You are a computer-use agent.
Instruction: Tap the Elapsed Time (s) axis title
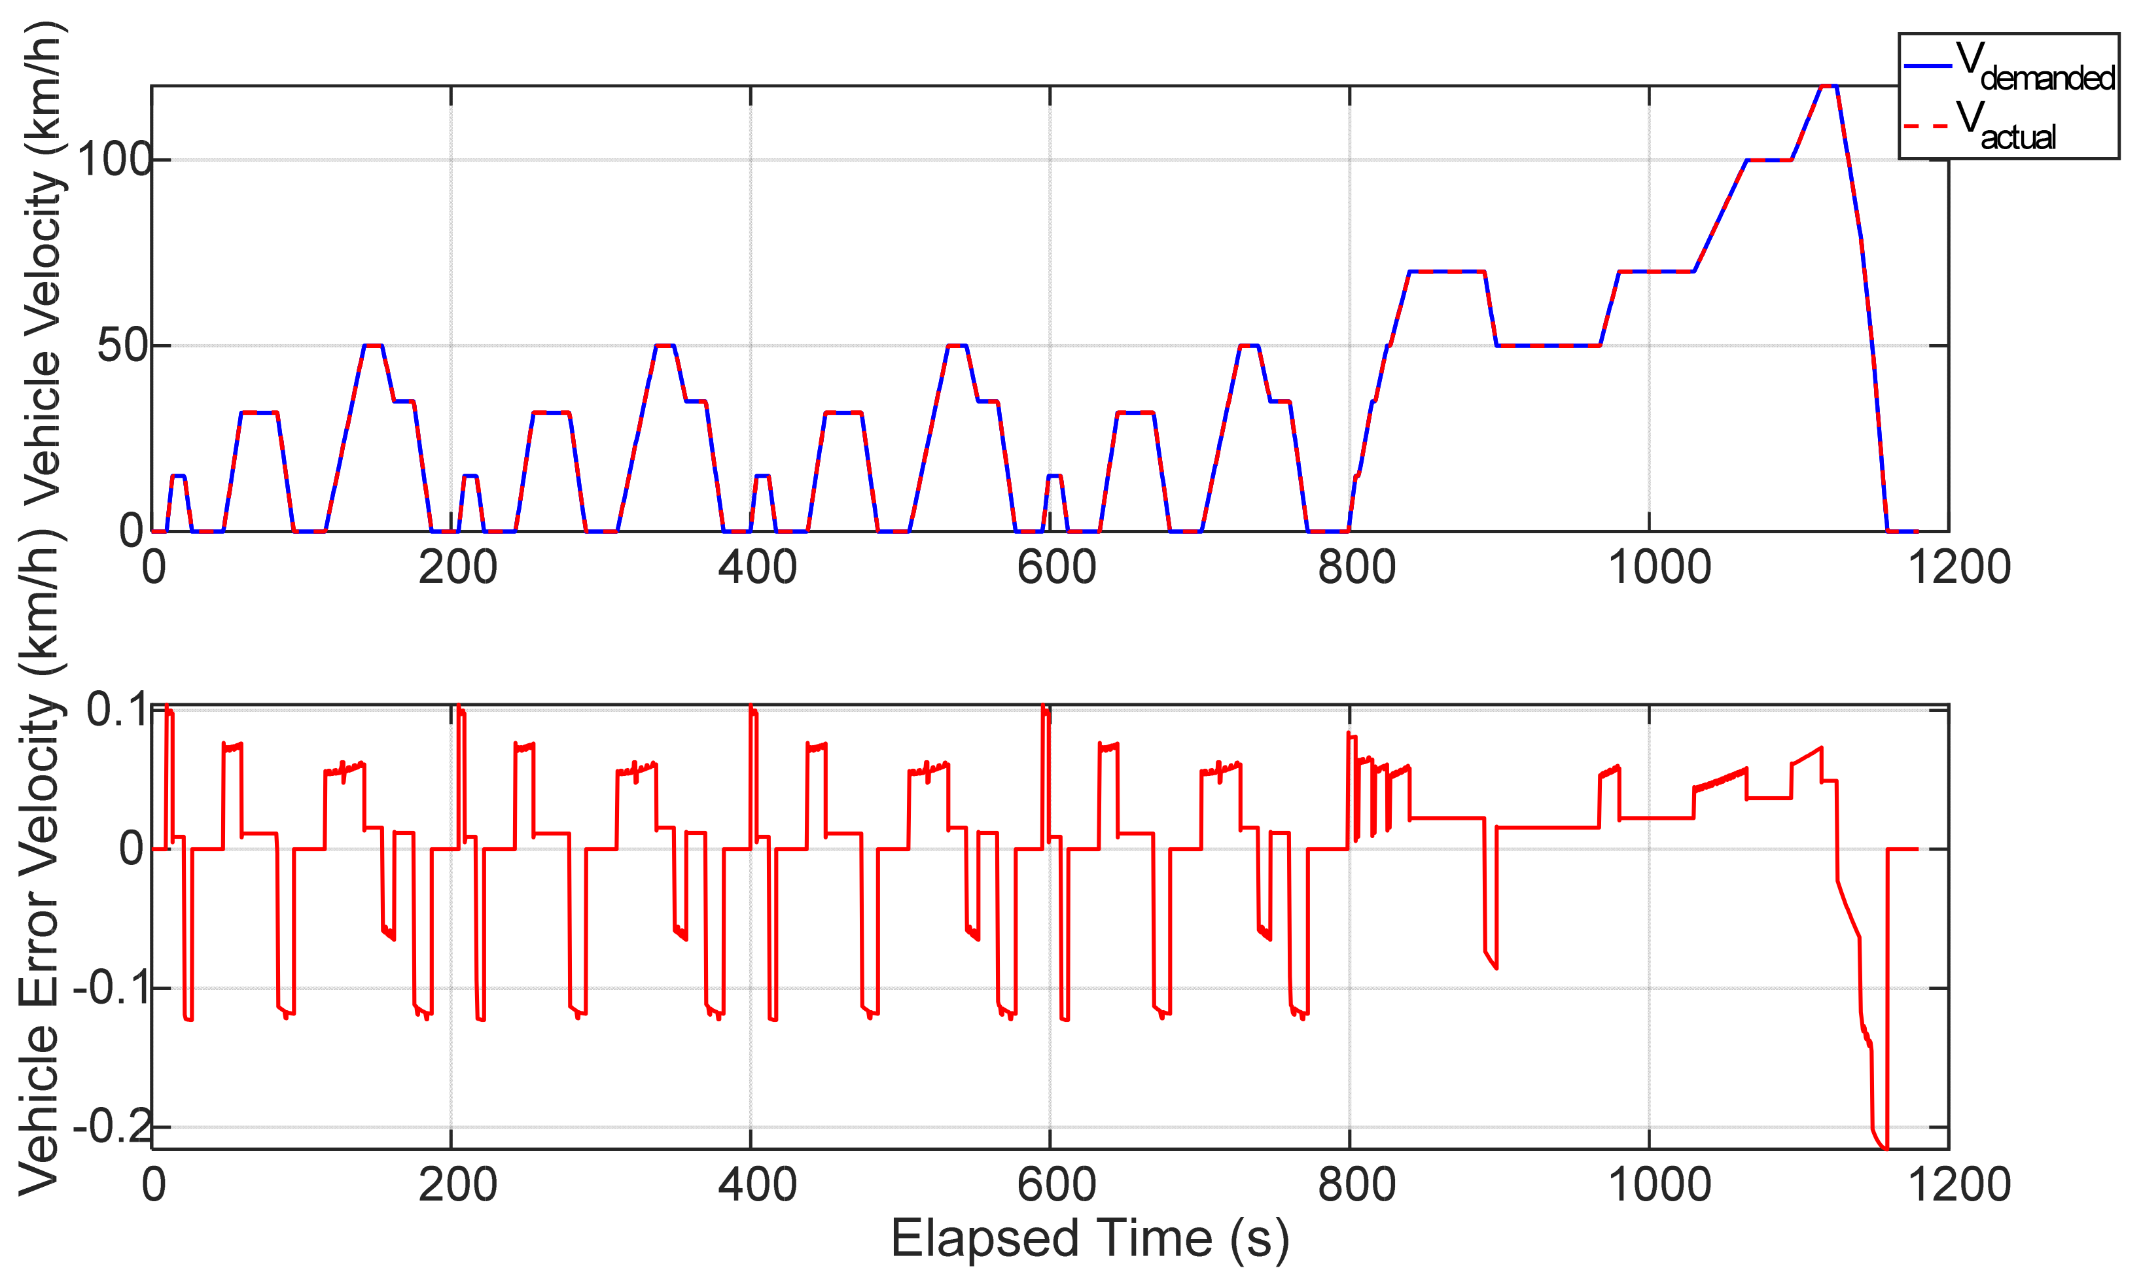point(1089,1238)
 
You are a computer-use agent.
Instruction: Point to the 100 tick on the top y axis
point(113,160)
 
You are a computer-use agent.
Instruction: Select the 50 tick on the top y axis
point(121,346)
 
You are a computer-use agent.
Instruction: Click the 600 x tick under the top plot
point(1056,568)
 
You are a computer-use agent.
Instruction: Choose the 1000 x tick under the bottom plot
point(1659,1184)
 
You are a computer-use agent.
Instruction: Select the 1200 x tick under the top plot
point(1958,568)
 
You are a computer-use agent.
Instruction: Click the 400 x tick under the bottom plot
point(758,1184)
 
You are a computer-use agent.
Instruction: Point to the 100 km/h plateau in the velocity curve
point(1768,160)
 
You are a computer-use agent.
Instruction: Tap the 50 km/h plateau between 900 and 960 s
point(1548,346)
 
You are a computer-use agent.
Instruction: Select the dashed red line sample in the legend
point(1928,126)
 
